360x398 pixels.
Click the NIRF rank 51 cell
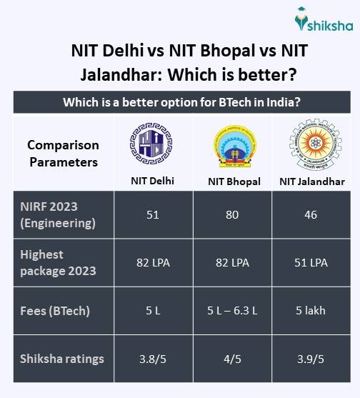tap(151, 214)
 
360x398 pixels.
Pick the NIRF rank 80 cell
tap(234, 214)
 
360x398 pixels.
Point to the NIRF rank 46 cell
tap(311, 214)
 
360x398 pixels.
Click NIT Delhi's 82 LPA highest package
tap(151, 262)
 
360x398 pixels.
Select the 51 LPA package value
tap(311, 262)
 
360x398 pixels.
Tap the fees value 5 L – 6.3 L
tap(234, 311)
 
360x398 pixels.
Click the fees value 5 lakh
tap(311, 311)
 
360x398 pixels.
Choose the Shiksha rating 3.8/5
tap(151, 359)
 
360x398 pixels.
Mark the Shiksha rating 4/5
tap(234, 359)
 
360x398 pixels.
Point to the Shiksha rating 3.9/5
tap(311, 359)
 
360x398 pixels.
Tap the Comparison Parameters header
tap(63, 153)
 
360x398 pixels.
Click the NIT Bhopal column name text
tap(234, 181)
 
